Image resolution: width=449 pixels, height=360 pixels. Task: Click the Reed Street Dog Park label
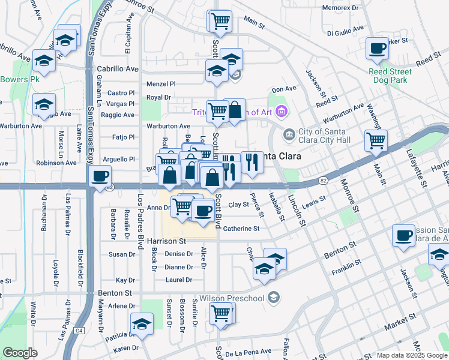click(x=388, y=76)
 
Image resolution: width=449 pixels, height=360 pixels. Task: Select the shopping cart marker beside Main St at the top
click(x=220, y=21)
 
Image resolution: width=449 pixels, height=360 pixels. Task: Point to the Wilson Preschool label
click(x=232, y=298)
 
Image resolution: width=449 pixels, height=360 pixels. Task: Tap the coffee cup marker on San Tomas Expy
click(x=100, y=176)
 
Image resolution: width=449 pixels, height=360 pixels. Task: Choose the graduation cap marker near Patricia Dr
click(x=142, y=324)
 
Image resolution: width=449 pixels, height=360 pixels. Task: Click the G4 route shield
click(x=79, y=331)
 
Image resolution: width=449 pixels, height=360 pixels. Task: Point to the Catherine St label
click(x=241, y=229)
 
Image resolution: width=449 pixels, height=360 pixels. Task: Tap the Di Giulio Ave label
click(x=348, y=33)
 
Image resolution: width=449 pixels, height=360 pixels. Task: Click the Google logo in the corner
click(x=20, y=353)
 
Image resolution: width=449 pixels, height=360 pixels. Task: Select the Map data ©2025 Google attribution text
click(x=412, y=355)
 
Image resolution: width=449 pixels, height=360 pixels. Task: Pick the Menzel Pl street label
click(x=161, y=84)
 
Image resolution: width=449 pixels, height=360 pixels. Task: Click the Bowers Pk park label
click(x=19, y=79)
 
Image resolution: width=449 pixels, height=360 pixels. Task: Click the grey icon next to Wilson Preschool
click(x=274, y=298)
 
